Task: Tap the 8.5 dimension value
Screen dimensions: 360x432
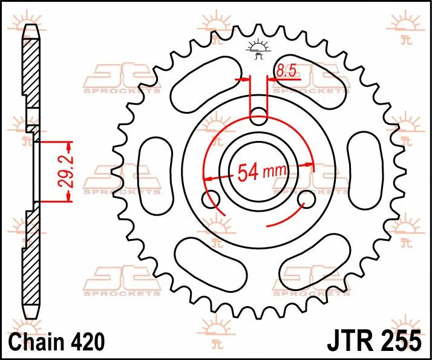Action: [x=286, y=71]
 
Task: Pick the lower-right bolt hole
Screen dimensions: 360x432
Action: [x=307, y=199]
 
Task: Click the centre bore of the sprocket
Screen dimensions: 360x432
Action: [x=259, y=172]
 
